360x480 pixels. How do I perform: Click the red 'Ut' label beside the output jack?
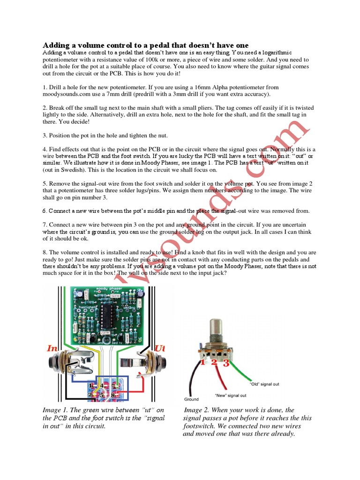click(x=160, y=349)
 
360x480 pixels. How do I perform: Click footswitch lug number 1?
click(x=90, y=385)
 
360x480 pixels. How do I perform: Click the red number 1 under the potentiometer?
click(x=202, y=363)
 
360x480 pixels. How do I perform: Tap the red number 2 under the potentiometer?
click(x=214, y=363)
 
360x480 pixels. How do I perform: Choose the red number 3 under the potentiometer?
click(x=226, y=363)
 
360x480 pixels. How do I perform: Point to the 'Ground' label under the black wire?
click(x=191, y=399)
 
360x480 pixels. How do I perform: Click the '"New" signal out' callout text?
click(x=231, y=396)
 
